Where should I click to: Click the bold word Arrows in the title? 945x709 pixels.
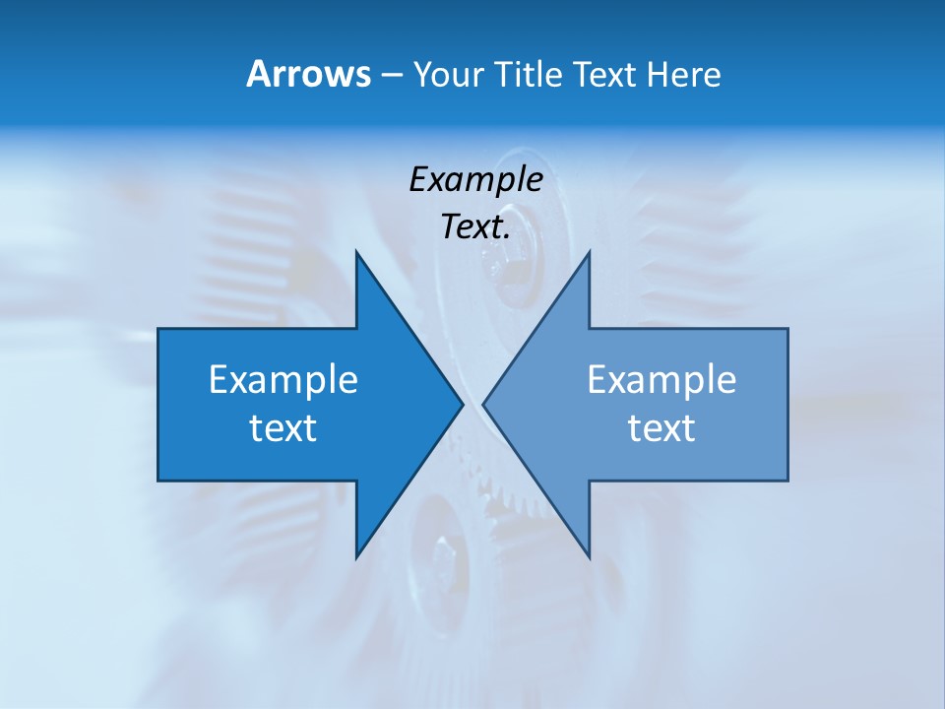[x=307, y=74]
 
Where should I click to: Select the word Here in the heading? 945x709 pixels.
[x=684, y=74]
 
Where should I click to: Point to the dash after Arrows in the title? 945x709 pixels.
[x=390, y=75]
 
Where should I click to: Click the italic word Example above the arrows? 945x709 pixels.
[x=475, y=179]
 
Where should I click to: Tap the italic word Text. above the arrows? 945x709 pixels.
[x=475, y=227]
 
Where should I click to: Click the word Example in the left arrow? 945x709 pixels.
[x=283, y=379]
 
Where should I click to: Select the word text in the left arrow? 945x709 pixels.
[x=283, y=428]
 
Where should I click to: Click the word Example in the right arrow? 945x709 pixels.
[x=661, y=379]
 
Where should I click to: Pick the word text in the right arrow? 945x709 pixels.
[x=661, y=428]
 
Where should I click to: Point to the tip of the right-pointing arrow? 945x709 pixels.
[x=462, y=404]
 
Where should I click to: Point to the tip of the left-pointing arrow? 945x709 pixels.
[x=484, y=404]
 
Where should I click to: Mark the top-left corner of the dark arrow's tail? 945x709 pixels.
[x=159, y=330]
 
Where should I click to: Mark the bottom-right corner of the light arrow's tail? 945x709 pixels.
[x=787, y=480]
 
